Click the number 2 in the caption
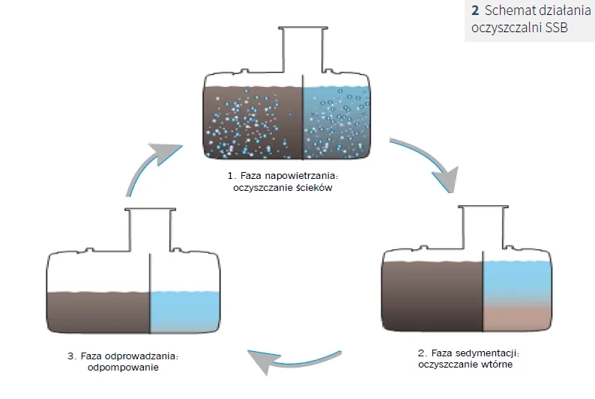475,11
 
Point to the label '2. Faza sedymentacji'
468,353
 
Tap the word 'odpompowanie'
124,368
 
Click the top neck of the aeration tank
302,49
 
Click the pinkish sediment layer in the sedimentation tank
518,319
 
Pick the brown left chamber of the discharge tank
98,312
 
